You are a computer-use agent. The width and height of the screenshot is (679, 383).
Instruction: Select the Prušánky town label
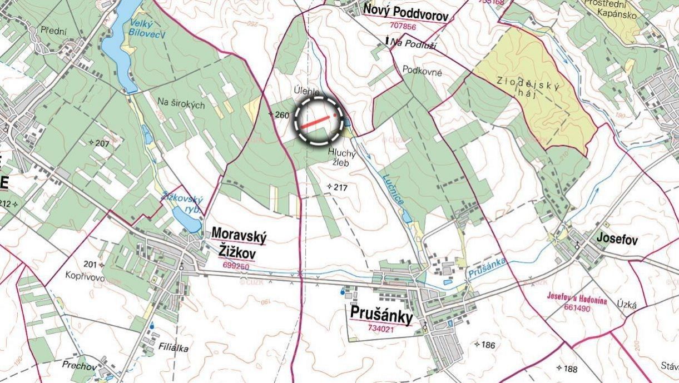point(381,314)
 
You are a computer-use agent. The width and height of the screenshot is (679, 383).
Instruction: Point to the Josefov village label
point(616,240)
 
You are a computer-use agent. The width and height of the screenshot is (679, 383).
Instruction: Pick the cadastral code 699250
point(236,266)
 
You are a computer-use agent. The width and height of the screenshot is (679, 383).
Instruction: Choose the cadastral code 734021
point(381,329)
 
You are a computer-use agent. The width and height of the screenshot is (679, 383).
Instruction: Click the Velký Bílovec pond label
point(140,28)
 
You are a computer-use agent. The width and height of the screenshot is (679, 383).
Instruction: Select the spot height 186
point(487,345)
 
